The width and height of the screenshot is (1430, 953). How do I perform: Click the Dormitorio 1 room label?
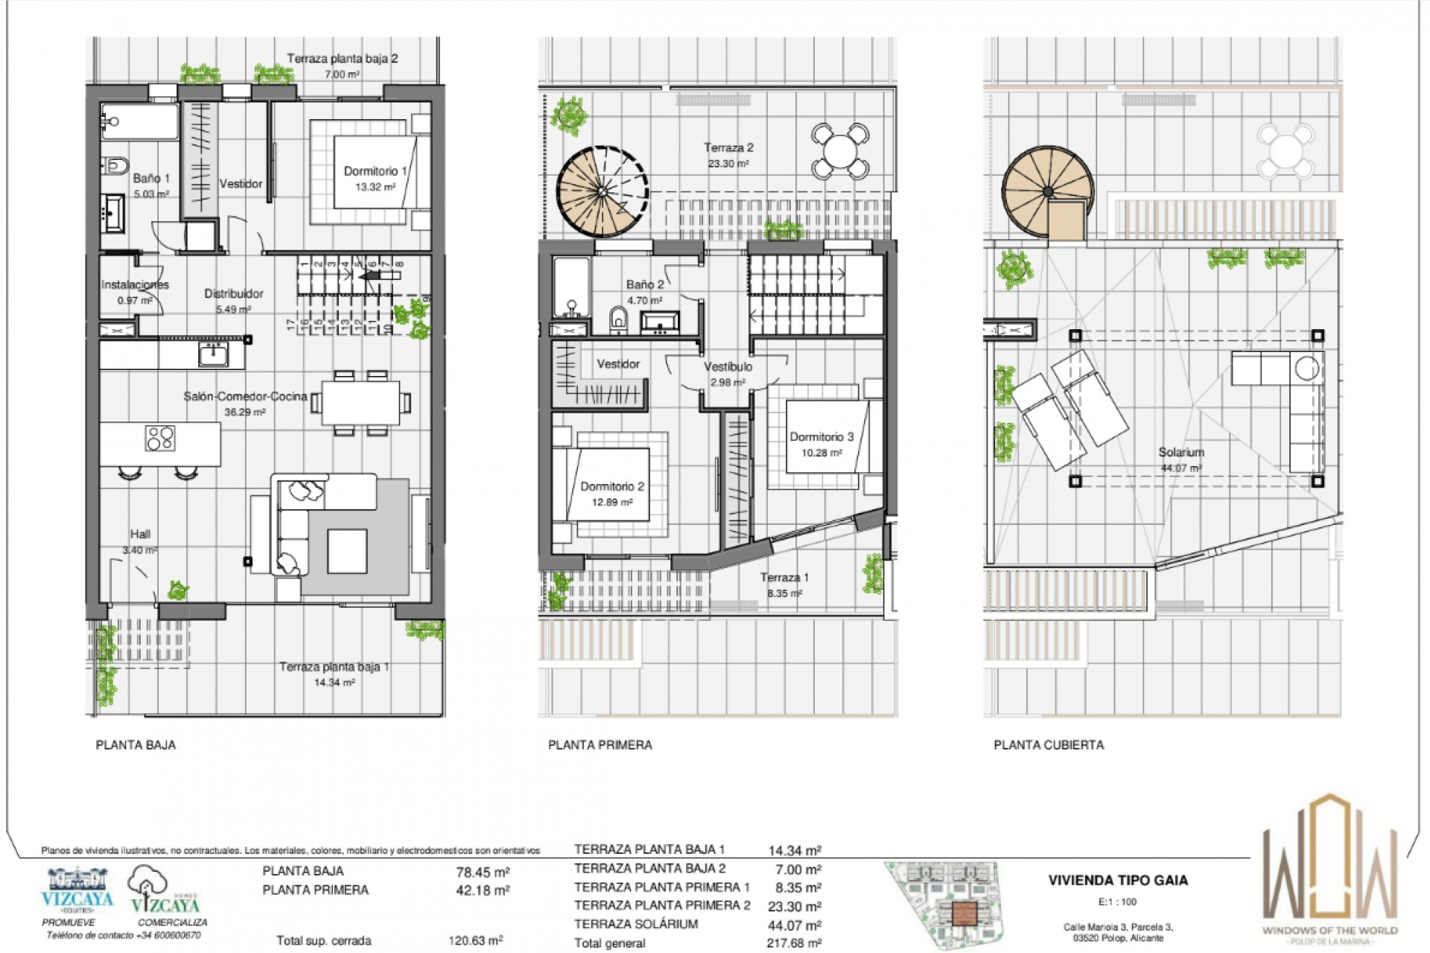point(375,172)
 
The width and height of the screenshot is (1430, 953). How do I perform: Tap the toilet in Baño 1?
point(117,164)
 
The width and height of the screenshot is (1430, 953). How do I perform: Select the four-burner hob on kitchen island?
point(160,438)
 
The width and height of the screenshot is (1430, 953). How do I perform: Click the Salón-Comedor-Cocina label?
point(245,397)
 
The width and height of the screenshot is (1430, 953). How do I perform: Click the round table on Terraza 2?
point(839,151)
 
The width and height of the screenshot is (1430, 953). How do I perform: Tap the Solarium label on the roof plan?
point(1180,453)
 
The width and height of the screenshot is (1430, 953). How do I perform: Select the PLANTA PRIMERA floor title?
point(600,745)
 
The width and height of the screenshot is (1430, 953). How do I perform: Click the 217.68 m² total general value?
point(794,943)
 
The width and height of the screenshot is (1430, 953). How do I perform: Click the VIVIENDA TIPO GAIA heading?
point(1118,880)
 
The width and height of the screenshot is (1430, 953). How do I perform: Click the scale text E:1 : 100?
point(1117,902)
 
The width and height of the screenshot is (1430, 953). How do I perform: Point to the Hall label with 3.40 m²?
point(140,535)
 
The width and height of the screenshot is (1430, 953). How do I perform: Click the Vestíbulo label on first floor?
point(728,367)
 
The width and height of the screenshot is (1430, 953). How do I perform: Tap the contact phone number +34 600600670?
point(168,935)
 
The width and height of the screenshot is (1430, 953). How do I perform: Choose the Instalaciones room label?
point(135,285)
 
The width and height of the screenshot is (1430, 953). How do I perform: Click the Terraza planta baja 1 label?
point(334,667)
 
